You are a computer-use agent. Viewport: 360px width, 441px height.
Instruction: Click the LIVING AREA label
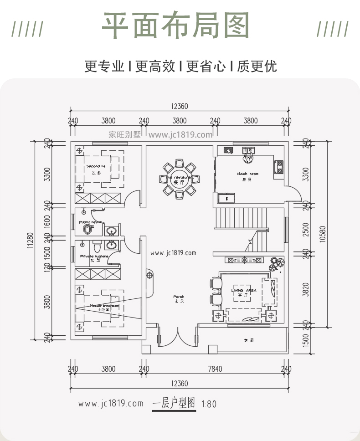click(x=243, y=291)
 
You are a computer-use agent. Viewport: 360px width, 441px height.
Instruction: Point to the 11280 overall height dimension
click(x=31, y=240)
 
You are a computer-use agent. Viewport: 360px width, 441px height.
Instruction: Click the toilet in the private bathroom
click(x=97, y=246)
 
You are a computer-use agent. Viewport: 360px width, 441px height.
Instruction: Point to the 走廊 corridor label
click(x=248, y=340)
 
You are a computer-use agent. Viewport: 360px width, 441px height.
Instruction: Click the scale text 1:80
click(x=208, y=404)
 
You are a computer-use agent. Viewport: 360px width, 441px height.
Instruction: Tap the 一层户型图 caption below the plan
click(x=174, y=404)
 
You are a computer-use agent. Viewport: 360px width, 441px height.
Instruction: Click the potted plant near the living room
click(x=277, y=263)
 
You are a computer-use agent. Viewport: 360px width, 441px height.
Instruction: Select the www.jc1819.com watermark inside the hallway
click(x=173, y=253)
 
